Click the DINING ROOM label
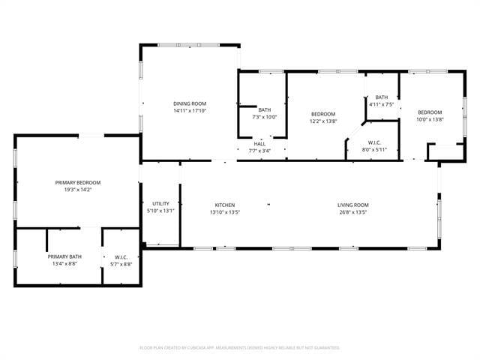pyautogui.click(x=190, y=103)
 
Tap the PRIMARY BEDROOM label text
pyautogui.click(x=78, y=182)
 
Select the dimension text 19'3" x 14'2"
pyautogui.click(x=78, y=190)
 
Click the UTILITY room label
pyautogui.click(x=160, y=203)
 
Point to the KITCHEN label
pyautogui.click(x=225, y=205)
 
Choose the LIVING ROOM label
pyautogui.click(x=352, y=205)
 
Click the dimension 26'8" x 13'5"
pyautogui.click(x=352, y=212)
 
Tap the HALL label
pyautogui.click(x=259, y=143)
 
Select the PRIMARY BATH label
pyautogui.click(x=65, y=256)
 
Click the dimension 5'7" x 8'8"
pyautogui.click(x=121, y=264)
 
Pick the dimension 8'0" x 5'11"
pyautogui.click(x=374, y=149)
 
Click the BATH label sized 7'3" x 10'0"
pyautogui.click(x=264, y=109)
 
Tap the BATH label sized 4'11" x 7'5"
pyautogui.click(x=382, y=97)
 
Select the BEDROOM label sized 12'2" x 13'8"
pyautogui.click(x=323, y=113)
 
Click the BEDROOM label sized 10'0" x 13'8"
pyautogui.click(x=430, y=112)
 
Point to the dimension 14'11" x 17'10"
pyautogui.click(x=190, y=111)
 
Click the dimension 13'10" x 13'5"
pyautogui.click(x=225, y=212)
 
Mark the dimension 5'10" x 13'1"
pyautogui.click(x=160, y=211)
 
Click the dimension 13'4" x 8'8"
pyautogui.click(x=65, y=264)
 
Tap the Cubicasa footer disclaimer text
pyautogui.click(x=240, y=348)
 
